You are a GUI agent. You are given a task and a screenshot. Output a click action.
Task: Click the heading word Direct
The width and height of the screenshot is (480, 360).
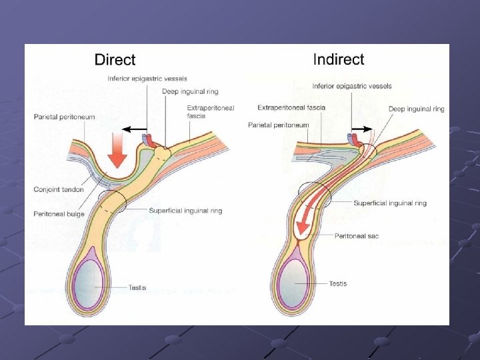click(115, 60)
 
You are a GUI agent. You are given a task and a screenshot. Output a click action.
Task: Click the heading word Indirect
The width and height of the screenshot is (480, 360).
click(339, 59)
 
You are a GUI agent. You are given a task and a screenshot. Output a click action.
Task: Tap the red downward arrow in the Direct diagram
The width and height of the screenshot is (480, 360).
click(117, 149)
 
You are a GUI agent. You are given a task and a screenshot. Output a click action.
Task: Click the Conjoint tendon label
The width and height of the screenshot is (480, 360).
click(59, 189)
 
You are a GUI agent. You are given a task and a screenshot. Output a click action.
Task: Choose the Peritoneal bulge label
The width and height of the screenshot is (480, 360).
click(59, 214)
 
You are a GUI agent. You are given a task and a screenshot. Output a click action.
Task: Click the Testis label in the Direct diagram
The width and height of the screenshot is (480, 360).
click(137, 287)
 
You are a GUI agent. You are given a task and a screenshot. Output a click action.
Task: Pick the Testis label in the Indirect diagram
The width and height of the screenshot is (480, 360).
click(338, 284)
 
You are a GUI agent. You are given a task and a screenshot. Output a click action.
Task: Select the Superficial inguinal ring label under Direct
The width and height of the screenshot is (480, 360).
click(185, 211)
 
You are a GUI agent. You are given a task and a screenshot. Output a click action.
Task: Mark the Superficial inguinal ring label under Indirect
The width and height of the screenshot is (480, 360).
click(390, 203)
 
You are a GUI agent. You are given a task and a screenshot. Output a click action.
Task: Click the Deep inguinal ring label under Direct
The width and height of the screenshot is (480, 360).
click(190, 91)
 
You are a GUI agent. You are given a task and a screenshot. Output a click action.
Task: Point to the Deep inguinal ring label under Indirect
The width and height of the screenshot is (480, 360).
click(417, 109)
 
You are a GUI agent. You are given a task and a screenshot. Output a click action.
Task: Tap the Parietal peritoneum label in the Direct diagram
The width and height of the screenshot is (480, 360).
click(65, 117)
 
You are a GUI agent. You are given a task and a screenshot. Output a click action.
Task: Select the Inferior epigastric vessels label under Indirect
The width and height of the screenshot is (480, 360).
click(352, 86)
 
